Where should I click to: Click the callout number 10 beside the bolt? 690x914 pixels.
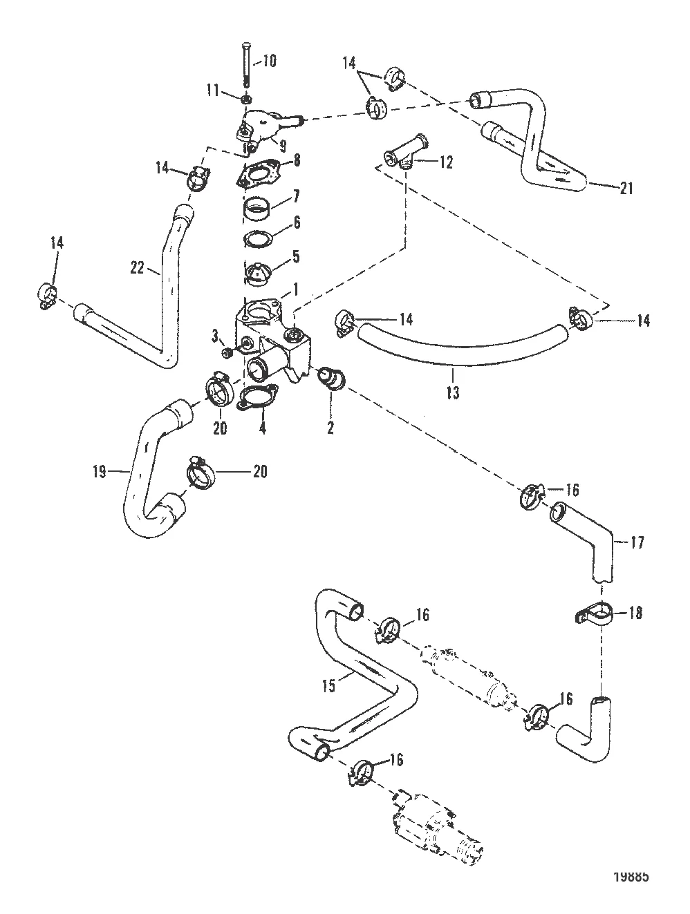[268, 61]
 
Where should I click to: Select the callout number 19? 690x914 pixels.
[99, 473]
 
